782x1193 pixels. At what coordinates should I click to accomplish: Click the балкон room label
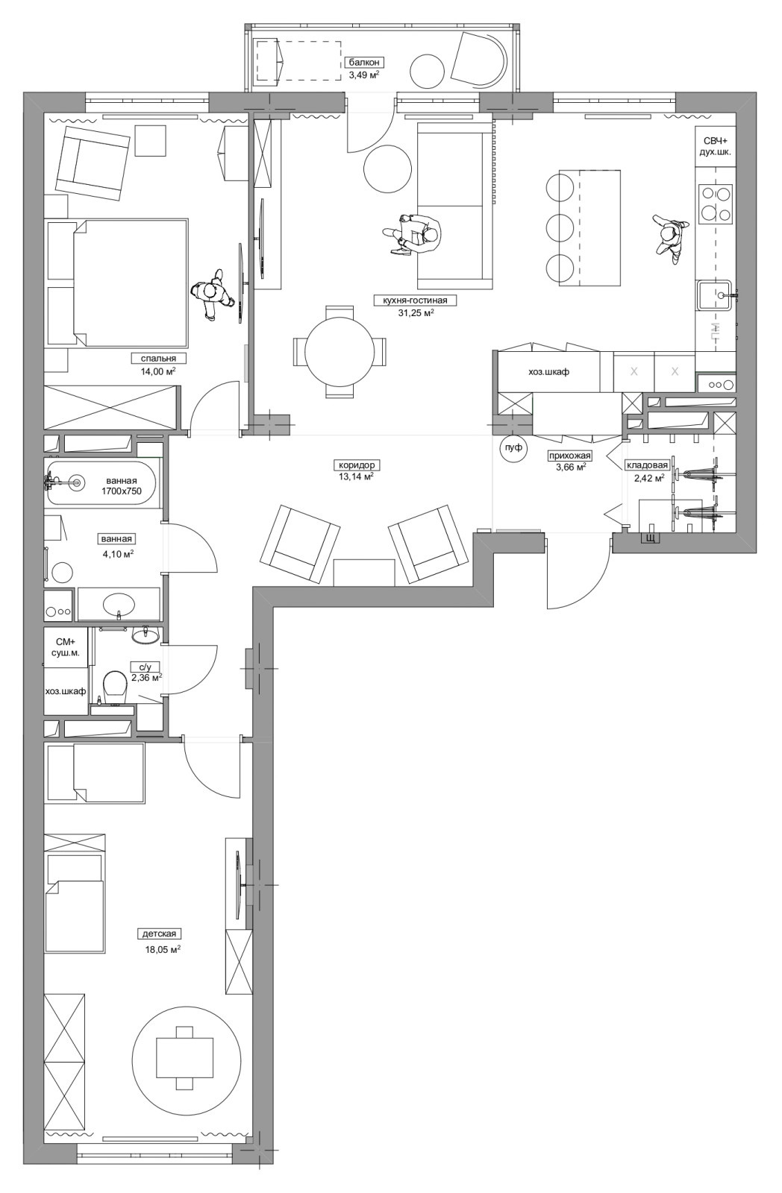(364, 63)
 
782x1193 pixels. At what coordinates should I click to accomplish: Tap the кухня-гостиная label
(416, 300)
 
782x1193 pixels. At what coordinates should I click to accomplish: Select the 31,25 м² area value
(416, 313)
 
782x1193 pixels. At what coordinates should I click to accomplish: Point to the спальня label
(158, 359)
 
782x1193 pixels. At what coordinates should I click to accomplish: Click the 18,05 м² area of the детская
(163, 948)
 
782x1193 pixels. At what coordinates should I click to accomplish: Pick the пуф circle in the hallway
(513, 448)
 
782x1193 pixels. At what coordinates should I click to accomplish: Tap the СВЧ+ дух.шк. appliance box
(716, 146)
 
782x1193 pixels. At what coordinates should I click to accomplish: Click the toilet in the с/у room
(115, 685)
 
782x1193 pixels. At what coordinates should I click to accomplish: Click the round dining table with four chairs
(339, 351)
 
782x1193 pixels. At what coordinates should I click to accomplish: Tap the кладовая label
(647, 465)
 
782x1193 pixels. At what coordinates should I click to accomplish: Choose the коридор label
(357, 465)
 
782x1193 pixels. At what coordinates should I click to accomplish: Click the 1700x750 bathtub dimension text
(122, 491)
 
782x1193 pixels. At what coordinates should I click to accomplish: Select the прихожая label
(569, 456)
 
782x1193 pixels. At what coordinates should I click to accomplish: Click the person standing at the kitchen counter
(669, 237)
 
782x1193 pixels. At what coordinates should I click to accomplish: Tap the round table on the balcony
(428, 71)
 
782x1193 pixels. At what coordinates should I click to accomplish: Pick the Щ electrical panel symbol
(650, 538)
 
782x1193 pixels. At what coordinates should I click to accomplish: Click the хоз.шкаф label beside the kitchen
(548, 372)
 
